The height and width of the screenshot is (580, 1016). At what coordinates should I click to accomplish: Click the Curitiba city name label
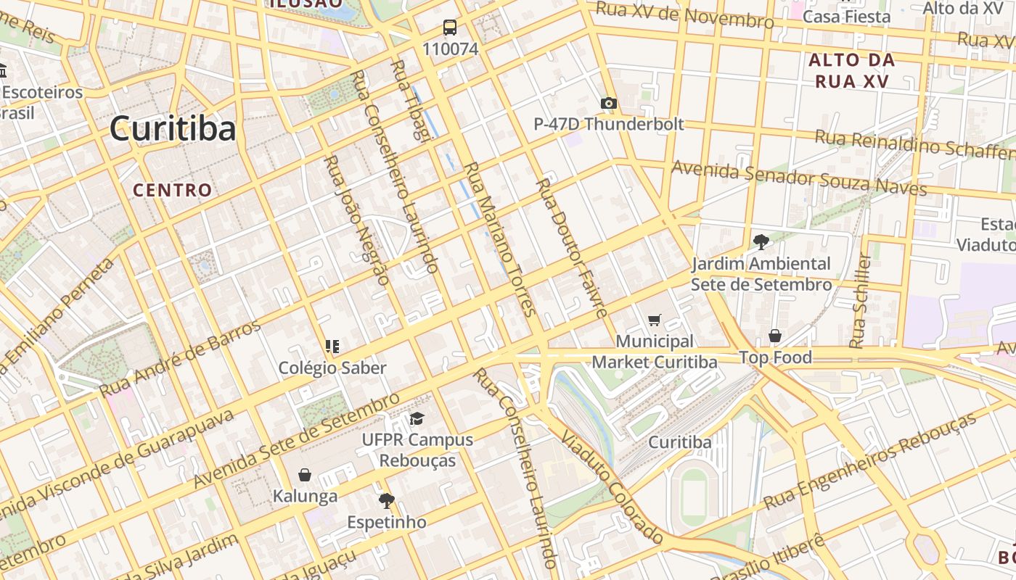[173, 129]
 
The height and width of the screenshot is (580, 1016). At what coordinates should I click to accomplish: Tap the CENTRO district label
[173, 191]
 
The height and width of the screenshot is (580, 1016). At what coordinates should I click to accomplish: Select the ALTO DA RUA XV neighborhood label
[852, 70]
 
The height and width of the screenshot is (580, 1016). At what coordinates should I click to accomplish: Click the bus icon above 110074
[450, 28]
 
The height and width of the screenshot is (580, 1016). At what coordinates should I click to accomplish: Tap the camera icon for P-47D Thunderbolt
[609, 104]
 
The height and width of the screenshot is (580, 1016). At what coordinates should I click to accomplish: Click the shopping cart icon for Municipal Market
[655, 320]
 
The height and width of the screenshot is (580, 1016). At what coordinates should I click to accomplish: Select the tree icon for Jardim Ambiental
[761, 242]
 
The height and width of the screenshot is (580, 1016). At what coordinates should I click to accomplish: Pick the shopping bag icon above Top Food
[775, 336]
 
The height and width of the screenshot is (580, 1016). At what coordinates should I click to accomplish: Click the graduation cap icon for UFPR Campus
[417, 418]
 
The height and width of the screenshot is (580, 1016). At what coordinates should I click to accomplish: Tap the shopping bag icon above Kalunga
[305, 475]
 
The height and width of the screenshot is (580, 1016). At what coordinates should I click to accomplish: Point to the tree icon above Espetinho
[386, 500]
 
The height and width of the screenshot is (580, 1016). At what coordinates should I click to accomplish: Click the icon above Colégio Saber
[332, 347]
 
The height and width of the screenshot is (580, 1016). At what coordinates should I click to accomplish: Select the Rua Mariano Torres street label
[500, 239]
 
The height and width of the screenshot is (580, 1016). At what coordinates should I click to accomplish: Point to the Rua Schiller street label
[861, 301]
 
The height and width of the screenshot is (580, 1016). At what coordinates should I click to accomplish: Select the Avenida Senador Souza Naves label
[799, 178]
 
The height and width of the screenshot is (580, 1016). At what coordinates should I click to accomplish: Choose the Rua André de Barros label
[179, 358]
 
